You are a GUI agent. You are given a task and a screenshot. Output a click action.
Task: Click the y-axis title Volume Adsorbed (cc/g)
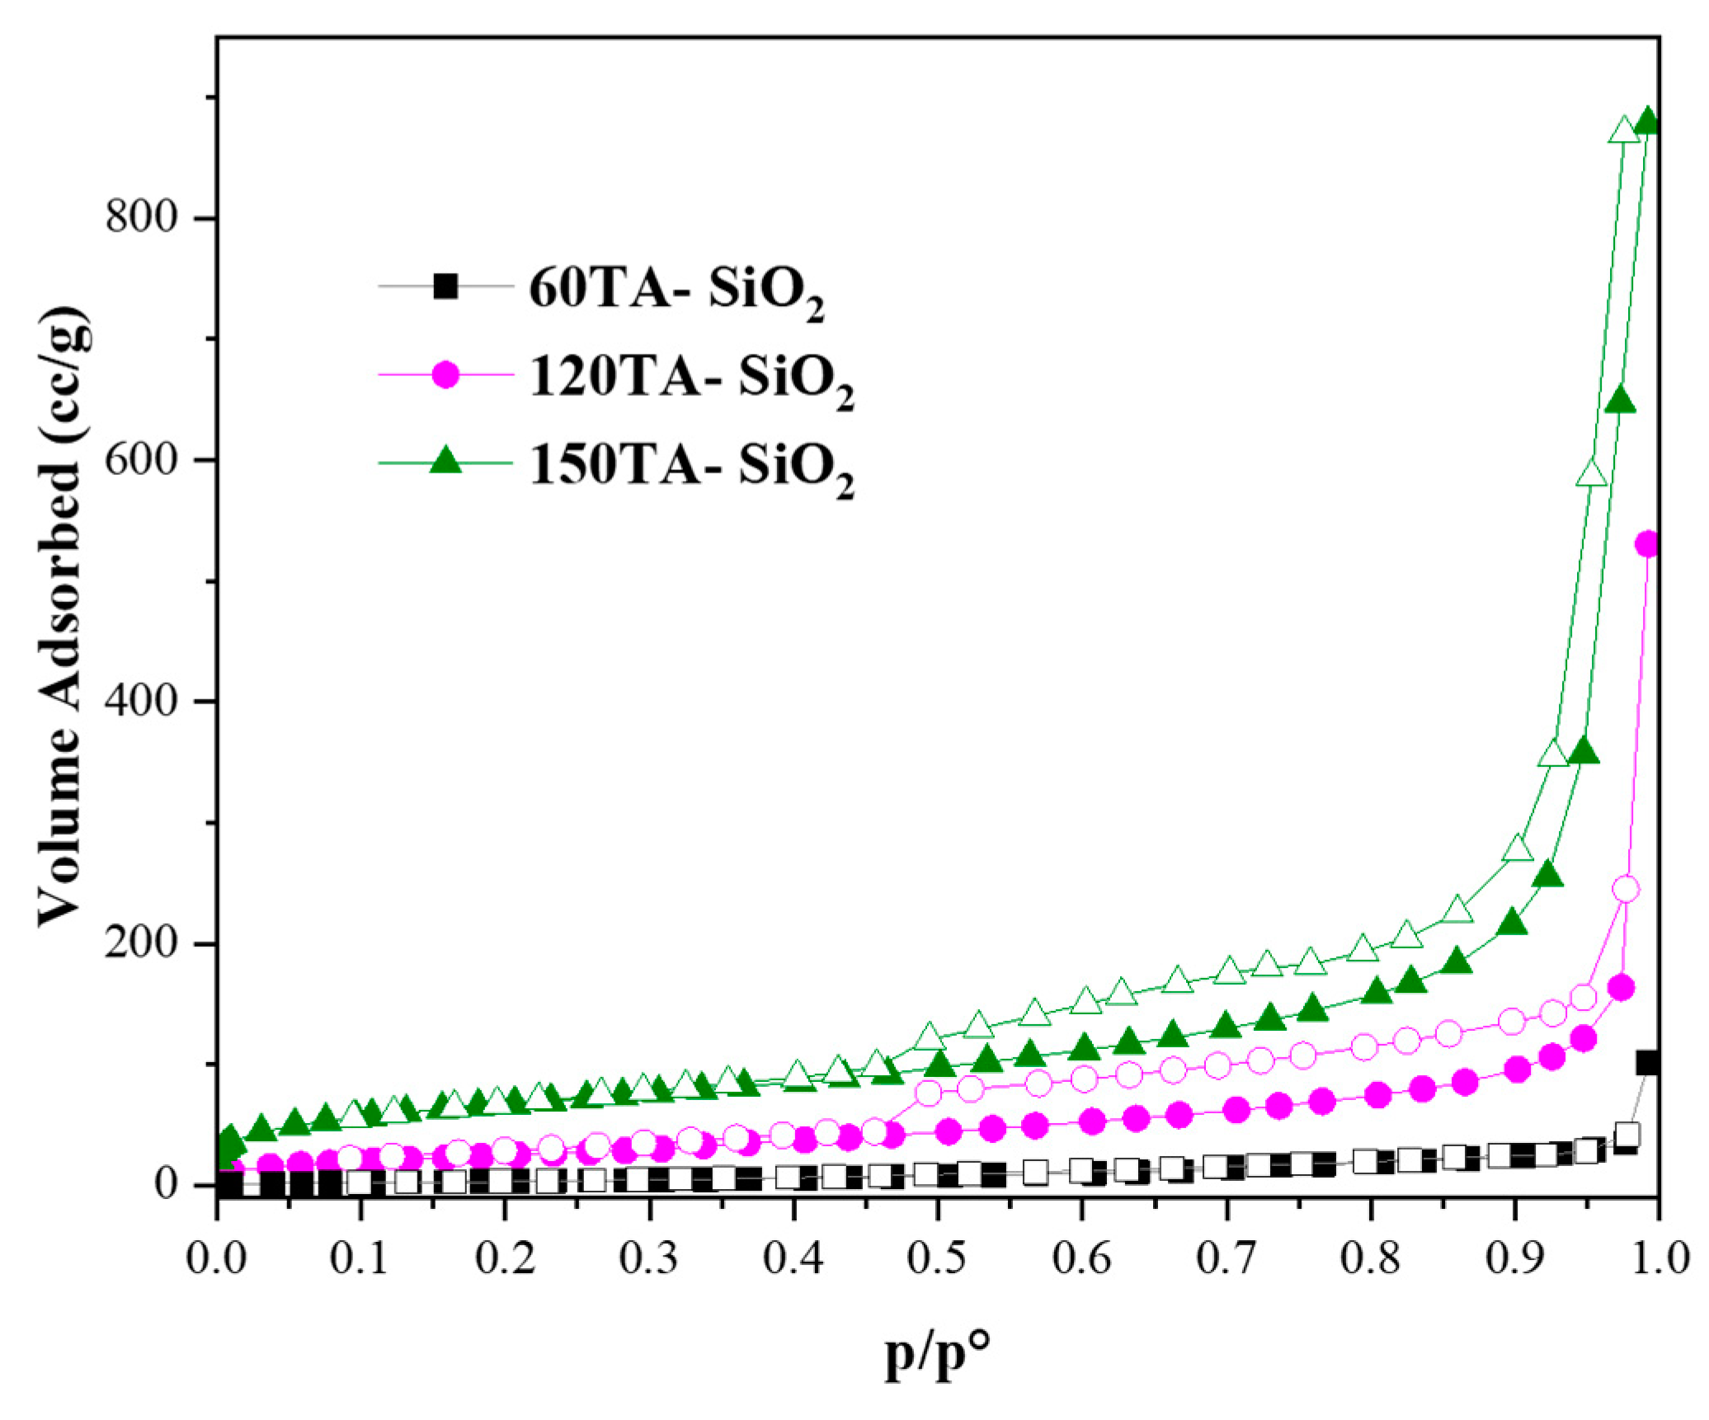(62, 618)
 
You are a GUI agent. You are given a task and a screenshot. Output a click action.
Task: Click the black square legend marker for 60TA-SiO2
(446, 286)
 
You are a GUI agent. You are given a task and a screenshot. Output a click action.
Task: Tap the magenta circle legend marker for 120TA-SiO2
(446, 374)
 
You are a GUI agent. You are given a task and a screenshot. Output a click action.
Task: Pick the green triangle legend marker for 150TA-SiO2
(446, 461)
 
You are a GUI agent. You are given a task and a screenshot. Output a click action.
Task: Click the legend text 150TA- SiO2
(691, 468)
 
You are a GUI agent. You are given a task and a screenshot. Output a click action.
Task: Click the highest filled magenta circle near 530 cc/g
(1648, 544)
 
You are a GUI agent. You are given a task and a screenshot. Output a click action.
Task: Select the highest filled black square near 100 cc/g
(1648, 1063)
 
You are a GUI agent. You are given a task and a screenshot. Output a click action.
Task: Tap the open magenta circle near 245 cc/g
(1626, 889)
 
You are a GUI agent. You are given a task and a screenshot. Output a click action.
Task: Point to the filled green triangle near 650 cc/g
(1622, 402)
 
